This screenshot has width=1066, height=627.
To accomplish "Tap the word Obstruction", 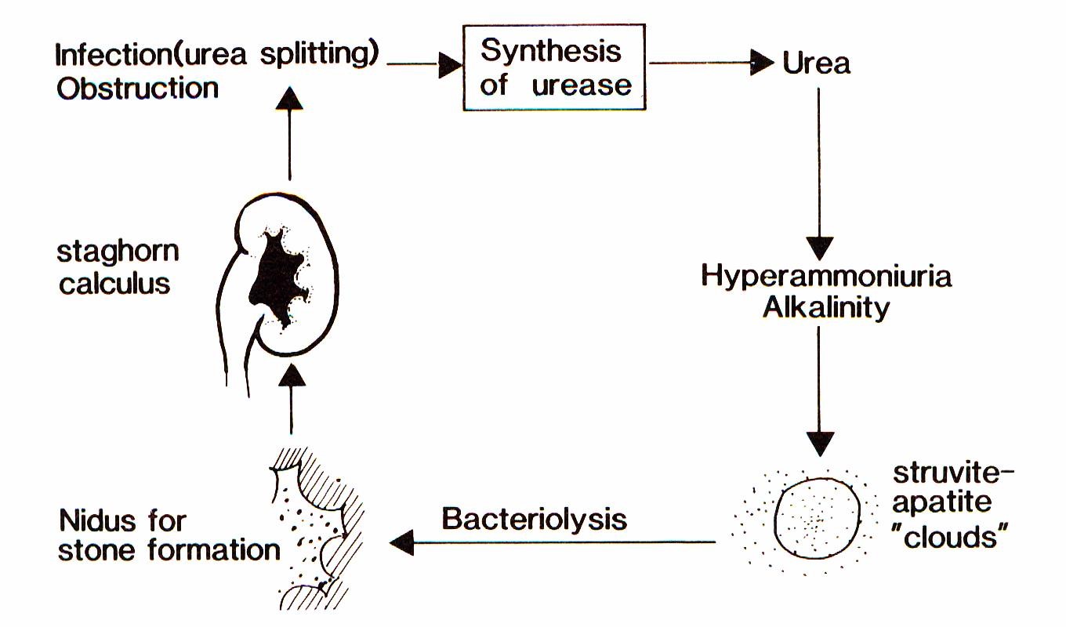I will pyautogui.click(x=137, y=88).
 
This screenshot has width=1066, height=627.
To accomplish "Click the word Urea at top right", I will pyautogui.click(x=816, y=63).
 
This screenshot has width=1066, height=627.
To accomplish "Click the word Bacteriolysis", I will pyautogui.click(x=535, y=519).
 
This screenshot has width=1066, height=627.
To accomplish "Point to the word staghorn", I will pyautogui.click(x=118, y=252).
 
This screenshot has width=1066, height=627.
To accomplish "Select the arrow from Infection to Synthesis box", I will pyautogui.click(x=424, y=65).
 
